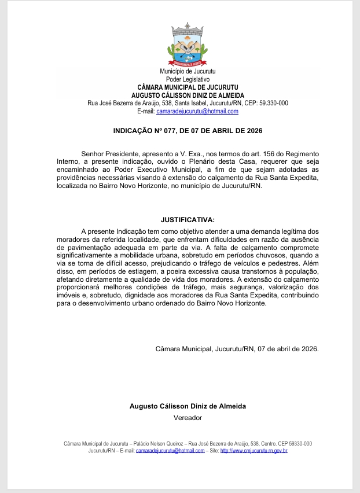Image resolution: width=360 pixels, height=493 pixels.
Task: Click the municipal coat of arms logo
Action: coord(188,45)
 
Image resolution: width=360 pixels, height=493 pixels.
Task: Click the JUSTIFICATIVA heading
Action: coord(188,220)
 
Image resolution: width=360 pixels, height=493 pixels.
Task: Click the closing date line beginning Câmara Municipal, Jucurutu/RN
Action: coord(237,349)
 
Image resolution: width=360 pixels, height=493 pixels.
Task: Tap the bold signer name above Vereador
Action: coord(188,406)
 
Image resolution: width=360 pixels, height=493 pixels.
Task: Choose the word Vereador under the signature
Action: coord(188,417)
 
